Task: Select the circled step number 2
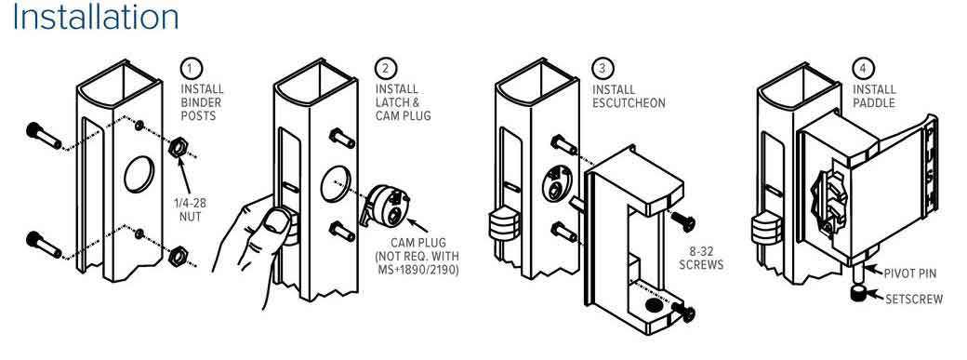(x=386, y=68)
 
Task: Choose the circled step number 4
(x=863, y=68)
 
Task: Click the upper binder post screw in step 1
(x=44, y=137)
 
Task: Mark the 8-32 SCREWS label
(x=700, y=259)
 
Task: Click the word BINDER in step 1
(x=201, y=103)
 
